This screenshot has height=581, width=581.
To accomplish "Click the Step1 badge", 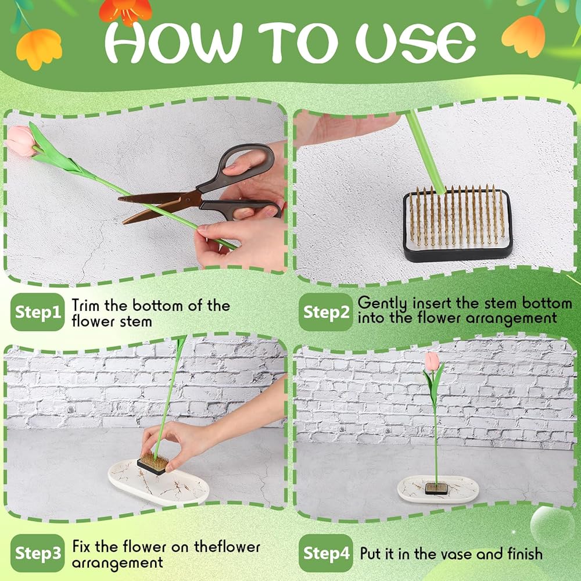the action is (x=37, y=312).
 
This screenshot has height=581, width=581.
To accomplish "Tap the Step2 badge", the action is (x=326, y=312).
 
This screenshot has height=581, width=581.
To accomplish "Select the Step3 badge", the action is (x=37, y=553).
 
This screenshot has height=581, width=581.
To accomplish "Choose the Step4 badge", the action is (x=326, y=553).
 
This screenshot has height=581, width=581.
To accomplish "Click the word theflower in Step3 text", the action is (x=227, y=547).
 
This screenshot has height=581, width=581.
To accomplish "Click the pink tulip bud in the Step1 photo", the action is (x=20, y=141).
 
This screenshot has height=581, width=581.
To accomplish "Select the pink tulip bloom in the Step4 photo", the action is (x=432, y=361).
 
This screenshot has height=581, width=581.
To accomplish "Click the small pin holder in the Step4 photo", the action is (x=436, y=488).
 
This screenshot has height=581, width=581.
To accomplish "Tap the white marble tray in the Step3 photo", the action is (x=159, y=482).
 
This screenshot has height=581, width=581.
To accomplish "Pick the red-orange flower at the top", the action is (x=125, y=11).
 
